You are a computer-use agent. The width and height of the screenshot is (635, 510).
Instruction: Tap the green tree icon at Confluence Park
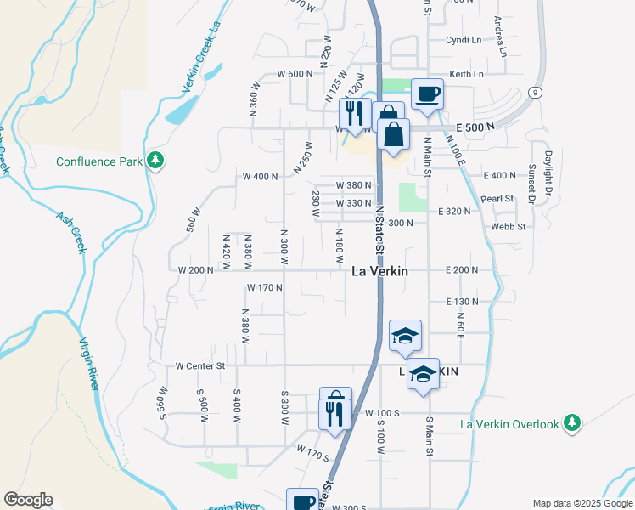155,160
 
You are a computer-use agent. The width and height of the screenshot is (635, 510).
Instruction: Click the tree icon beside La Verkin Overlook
573,422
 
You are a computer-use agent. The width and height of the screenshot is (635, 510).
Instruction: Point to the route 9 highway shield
534,92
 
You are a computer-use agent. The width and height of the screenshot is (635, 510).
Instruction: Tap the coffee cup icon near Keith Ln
427,93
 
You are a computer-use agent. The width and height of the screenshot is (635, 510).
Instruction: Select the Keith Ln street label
466,74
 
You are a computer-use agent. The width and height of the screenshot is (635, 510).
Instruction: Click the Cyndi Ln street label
464,40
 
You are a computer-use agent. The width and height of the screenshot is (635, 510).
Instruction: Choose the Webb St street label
509,227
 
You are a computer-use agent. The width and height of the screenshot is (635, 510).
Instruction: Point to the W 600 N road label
295,74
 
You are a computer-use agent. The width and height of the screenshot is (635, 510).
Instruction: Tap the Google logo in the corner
28,500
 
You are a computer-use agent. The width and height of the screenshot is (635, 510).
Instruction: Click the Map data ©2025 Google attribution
582,503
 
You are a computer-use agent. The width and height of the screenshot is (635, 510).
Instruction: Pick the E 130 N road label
463,302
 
